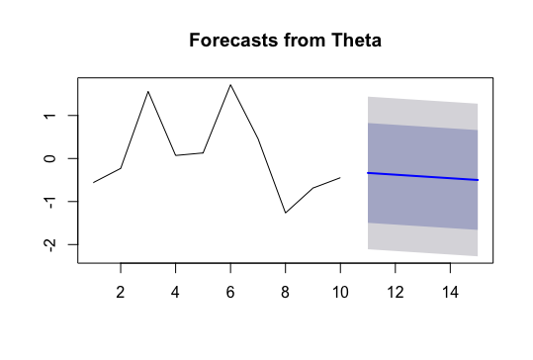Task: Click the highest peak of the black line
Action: point(230,85)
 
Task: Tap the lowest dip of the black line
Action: point(285,213)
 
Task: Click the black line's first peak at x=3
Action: point(148,92)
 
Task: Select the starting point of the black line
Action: point(93,182)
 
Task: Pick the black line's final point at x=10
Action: point(340,178)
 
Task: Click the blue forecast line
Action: point(422,176)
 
